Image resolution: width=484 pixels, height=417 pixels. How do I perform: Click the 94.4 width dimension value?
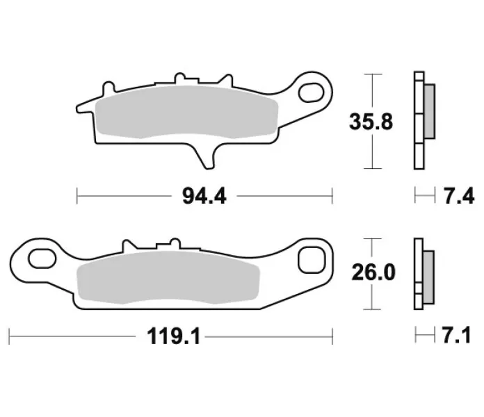pyautogui.click(x=204, y=196)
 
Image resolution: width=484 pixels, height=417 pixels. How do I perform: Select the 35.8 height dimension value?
pyautogui.click(x=371, y=122)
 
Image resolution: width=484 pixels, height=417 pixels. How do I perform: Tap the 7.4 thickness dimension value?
pyautogui.click(x=459, y=196)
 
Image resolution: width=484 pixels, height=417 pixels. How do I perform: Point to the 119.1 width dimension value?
pyautogui.click(x=174, y=336)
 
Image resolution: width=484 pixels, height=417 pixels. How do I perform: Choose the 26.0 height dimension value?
pyautogui.click(x=373, y=272)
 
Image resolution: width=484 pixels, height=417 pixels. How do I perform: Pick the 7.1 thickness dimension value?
pyautogui.click(x=456, y=335)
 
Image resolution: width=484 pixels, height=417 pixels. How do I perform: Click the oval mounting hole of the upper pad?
pyautogui.click(x=311, y=92)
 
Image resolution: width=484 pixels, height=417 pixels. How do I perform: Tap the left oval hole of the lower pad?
pyautogui.click(x=42, y=259)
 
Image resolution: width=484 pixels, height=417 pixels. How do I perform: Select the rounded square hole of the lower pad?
pyautogui.click(x=312, y=260)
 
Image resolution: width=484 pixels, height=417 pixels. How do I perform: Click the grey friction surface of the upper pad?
pyautogui.click(x=187, y=112)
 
